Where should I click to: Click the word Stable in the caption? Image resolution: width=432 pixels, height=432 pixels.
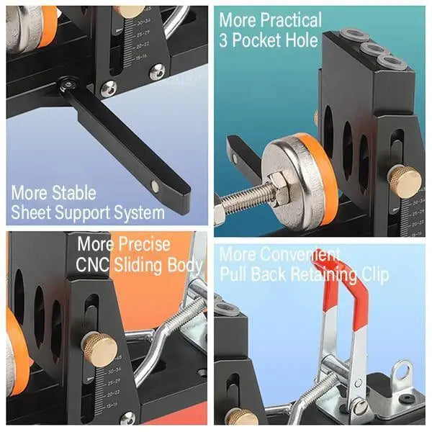tap(74, 193)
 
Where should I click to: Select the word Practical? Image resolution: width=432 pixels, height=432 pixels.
tap(291, 20)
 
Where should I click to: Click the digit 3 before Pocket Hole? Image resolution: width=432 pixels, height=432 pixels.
tap(224, 40)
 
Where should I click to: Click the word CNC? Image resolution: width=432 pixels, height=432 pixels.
tap(93, 264)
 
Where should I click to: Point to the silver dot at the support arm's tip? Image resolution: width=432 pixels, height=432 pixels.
tap(155, 186)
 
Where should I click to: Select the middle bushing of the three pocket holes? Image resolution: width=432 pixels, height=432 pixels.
tap(373, 49)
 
